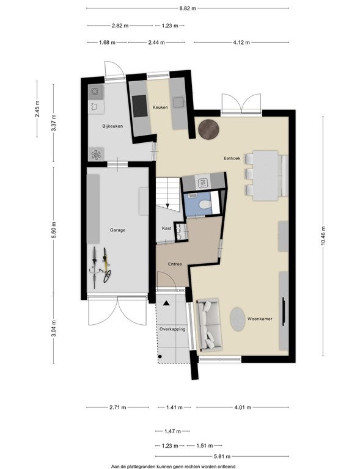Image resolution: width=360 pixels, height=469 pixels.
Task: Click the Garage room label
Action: point(117,230)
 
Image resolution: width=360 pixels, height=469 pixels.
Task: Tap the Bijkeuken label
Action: point(112,126)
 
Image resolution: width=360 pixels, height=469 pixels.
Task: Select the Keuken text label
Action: point(160,107)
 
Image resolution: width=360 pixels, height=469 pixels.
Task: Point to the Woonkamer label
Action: point(260,319)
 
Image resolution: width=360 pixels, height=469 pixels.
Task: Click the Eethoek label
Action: point(232,158)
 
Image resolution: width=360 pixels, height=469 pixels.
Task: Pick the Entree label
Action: point(175,264)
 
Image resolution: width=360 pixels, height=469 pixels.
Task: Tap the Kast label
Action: point(167,228)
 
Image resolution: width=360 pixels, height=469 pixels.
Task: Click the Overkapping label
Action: point(172,329)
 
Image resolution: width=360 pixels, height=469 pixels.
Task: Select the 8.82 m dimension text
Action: point(188,9)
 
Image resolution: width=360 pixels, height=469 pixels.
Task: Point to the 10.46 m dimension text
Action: point(323,236)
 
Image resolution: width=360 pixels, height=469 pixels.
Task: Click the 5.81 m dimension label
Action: point(222,456)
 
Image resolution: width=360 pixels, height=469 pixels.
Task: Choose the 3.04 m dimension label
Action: point(54,329)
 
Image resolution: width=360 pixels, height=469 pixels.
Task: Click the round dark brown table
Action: point(208,129)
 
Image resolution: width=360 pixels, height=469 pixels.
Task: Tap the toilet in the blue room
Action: point(205,205)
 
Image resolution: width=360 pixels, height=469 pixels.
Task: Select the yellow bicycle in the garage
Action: point(106,265)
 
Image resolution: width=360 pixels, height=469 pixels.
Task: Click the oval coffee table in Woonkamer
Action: point(238,319)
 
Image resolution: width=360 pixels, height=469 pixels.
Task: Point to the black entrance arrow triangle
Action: point(166,304)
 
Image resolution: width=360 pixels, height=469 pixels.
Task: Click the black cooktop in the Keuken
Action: point(140,106)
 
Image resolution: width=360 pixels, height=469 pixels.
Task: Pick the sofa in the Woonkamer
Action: point(209,324)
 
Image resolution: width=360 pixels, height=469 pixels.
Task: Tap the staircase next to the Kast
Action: point(169,195)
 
